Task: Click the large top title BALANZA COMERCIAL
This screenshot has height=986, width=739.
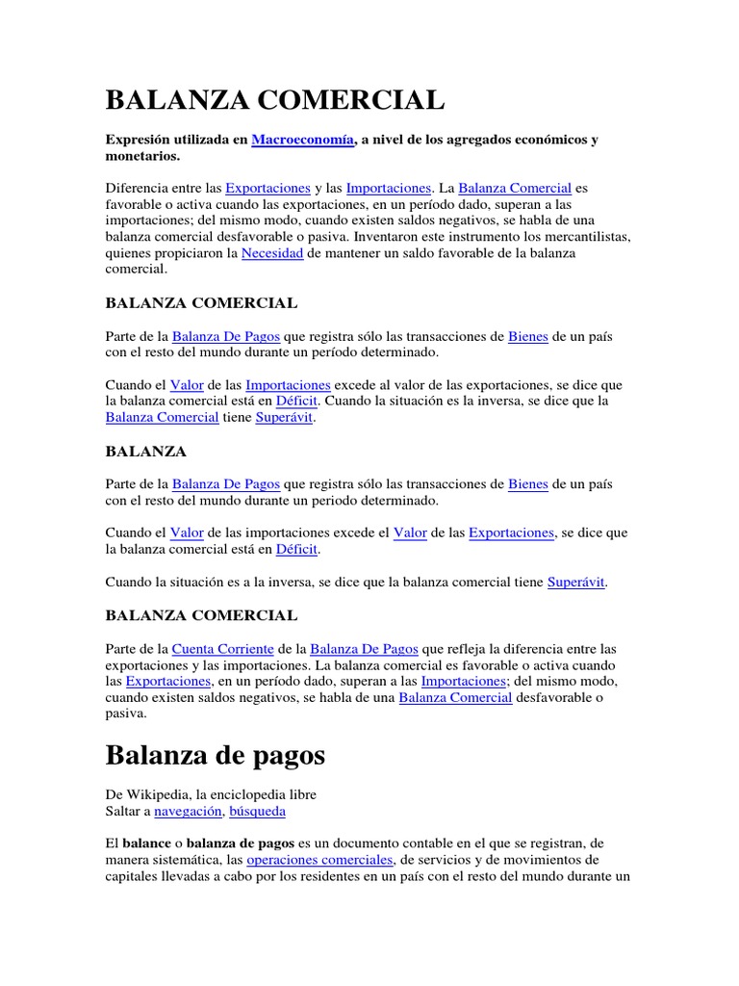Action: (x=275, y=99)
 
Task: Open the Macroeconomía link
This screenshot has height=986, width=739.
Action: (x=303, y=140)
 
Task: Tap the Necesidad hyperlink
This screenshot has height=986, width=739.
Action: (x=272, y=252)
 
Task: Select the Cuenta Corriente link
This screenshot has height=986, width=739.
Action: (x=223, y=648)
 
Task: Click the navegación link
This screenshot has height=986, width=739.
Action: (x=185, y=812)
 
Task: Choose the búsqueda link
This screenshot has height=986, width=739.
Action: (x=257, y=812)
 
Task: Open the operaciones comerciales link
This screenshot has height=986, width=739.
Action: (x=319, y=859)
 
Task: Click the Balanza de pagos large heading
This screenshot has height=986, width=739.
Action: (x=216, y=756)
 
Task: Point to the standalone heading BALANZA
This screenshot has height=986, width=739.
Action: (x=145, y=451)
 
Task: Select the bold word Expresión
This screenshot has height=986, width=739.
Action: (x=140, y=140)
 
